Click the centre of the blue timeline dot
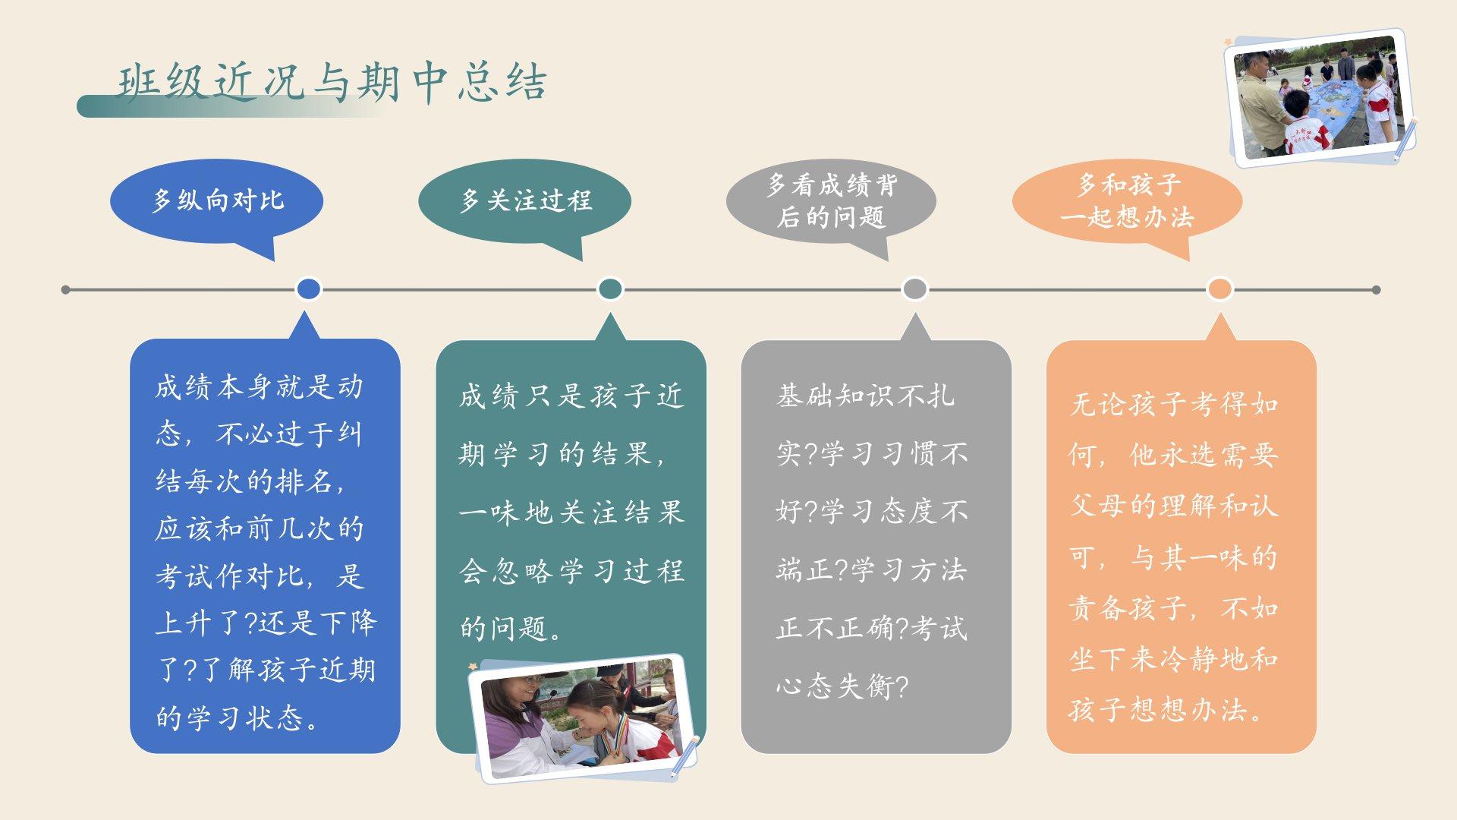[x=308, y=289]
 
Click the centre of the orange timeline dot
[x=1219, y=289]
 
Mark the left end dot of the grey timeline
[x=65, y=289]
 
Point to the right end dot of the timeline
[x=1376, y=289]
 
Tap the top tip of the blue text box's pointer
[x=305, y=311]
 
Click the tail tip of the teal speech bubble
[x=582, y=260]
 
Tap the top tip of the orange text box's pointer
[x=1220, y=313]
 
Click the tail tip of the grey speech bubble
[x=887, y=260]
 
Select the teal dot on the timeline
[x=610, y=289]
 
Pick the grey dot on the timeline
[x=914, y=289]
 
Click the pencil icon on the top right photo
[x=1405, y=140]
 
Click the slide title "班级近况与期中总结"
[x=332, y=82]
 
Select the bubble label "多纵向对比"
[x=218, y=200]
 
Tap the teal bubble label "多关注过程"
[x=525, y=200]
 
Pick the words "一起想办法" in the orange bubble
[x=1127, y=217]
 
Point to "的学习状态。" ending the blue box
[x=238, y=717]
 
